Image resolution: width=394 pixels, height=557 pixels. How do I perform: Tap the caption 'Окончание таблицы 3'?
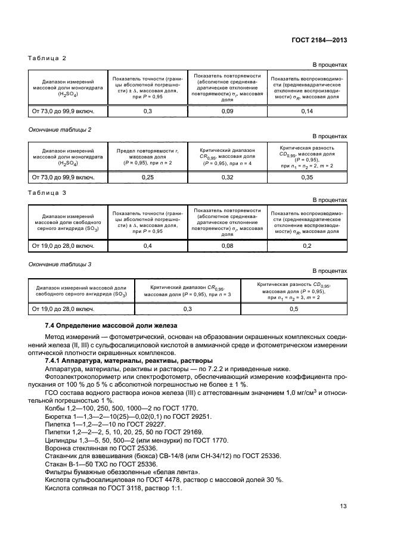[x=60, y=263]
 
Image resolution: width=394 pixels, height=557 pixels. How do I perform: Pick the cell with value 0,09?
[x=227, y=111]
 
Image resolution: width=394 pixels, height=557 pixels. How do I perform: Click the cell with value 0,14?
[x=306, y=111]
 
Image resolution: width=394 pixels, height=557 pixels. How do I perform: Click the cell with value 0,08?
[x=227, y=245]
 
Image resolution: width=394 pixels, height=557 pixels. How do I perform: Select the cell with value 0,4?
[x=147, y=245]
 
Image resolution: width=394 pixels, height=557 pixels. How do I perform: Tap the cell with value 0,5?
[x=293, y=309]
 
